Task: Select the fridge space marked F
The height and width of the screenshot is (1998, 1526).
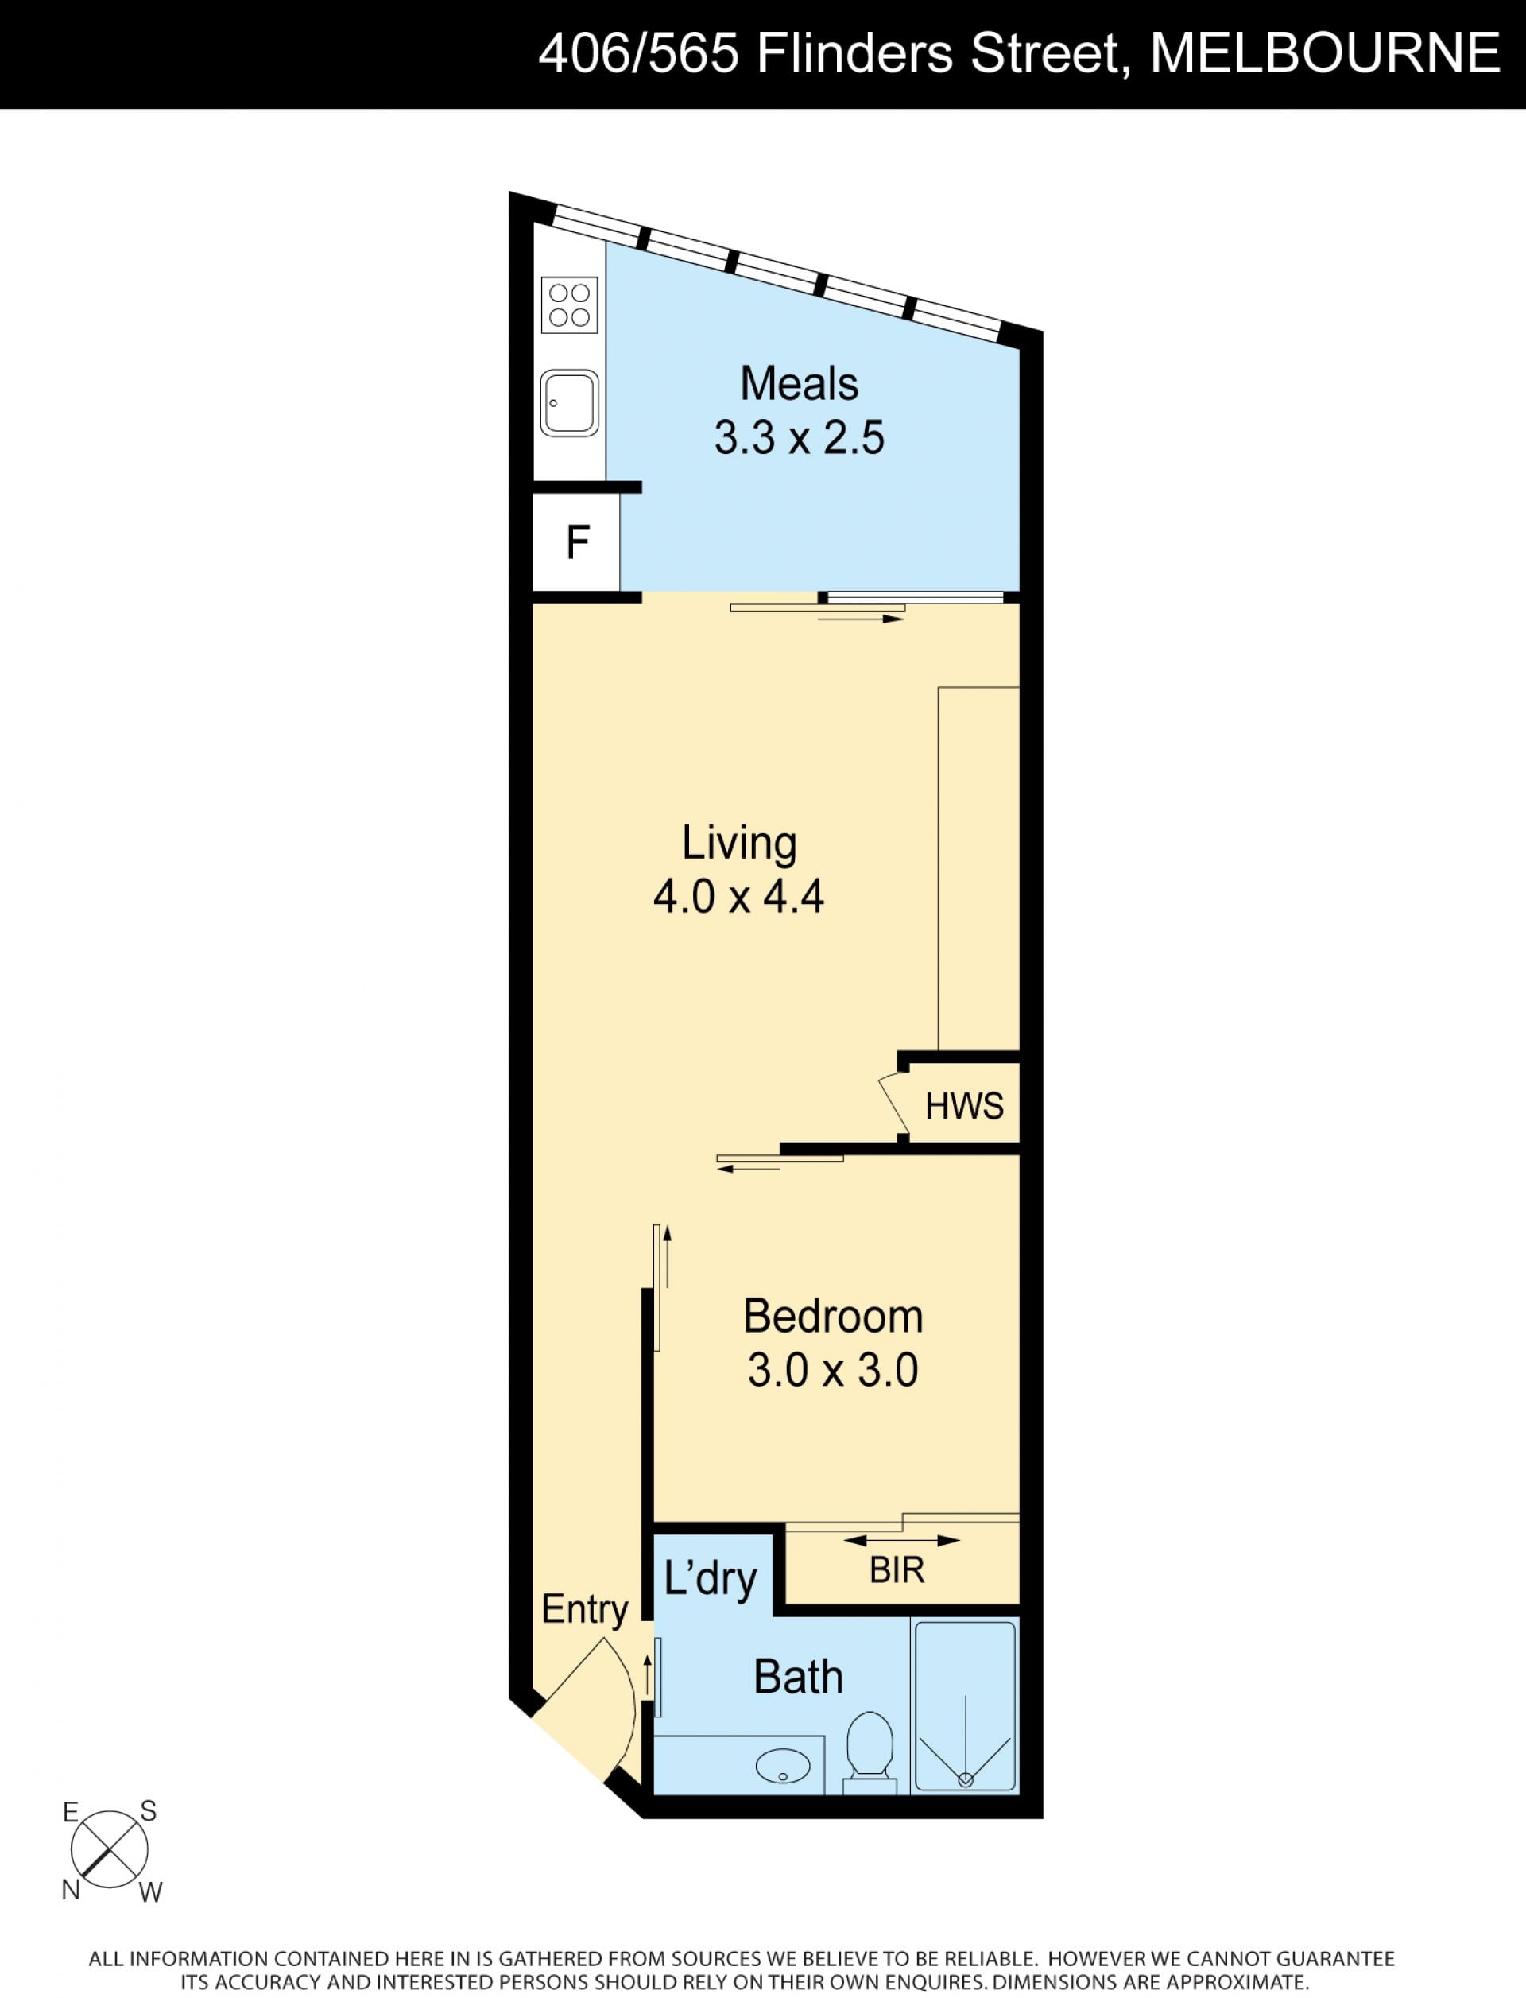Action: [578, 542]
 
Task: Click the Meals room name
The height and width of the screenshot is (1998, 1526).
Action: [800, 383]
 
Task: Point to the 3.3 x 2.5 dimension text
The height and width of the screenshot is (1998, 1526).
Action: [800, 438]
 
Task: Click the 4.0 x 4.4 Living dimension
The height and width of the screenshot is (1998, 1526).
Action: [738, 897]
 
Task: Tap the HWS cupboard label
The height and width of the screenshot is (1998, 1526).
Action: [965, 1106]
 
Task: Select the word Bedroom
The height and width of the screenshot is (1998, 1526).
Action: [833, 1317]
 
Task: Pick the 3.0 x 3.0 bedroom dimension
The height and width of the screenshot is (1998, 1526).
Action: [833, 1370]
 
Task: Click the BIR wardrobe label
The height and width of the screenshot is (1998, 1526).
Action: [897, 1570]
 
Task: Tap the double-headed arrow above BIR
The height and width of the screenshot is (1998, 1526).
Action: [902, 1540]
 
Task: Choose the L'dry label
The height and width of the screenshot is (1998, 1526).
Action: [711, 1578]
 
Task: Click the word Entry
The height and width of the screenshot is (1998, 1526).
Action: [585, 1609]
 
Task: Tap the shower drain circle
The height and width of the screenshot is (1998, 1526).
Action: [966, 1780]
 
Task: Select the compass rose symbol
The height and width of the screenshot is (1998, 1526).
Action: [110, 1850]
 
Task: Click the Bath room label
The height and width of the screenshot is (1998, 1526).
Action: [799, 1678]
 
